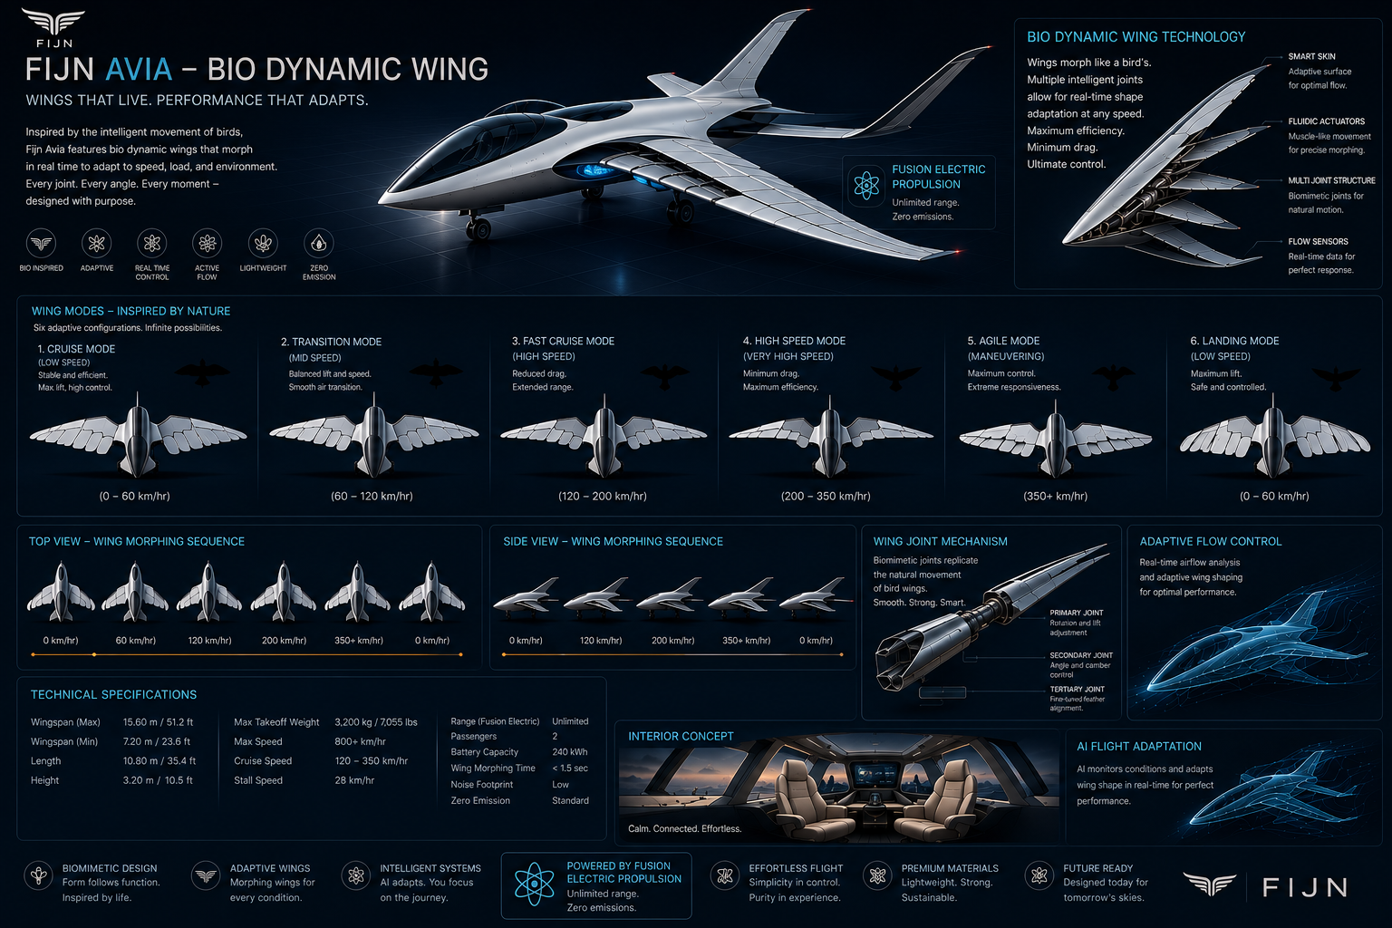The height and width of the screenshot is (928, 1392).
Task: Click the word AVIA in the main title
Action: click(139, 69)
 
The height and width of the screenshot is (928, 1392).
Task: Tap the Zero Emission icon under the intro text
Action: click(319, 243)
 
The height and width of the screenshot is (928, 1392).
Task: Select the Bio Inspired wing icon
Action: click(41, 243)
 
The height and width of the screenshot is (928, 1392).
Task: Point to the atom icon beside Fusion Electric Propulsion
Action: click(866, 185)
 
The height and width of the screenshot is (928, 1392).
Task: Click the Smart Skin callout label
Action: click(1312, 56)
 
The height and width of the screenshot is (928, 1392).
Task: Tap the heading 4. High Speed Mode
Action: click(794, 341)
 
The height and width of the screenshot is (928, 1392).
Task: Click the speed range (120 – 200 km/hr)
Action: click(602, 496)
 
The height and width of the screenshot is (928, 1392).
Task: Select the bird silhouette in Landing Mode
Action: click(1336, 377)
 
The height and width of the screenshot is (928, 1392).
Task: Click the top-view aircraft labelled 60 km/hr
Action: click(135, 593)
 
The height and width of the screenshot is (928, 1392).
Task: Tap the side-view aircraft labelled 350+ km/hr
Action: click(742, 595)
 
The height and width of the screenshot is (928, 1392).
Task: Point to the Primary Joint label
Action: click(1077, 613)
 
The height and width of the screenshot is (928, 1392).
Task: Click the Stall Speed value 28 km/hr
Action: click(354, 780)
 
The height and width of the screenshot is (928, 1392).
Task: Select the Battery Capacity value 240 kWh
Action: click(570, 752)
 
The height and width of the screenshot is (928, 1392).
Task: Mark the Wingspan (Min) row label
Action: click(64, 741)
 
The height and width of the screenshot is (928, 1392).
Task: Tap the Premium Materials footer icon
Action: click(877, 875)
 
